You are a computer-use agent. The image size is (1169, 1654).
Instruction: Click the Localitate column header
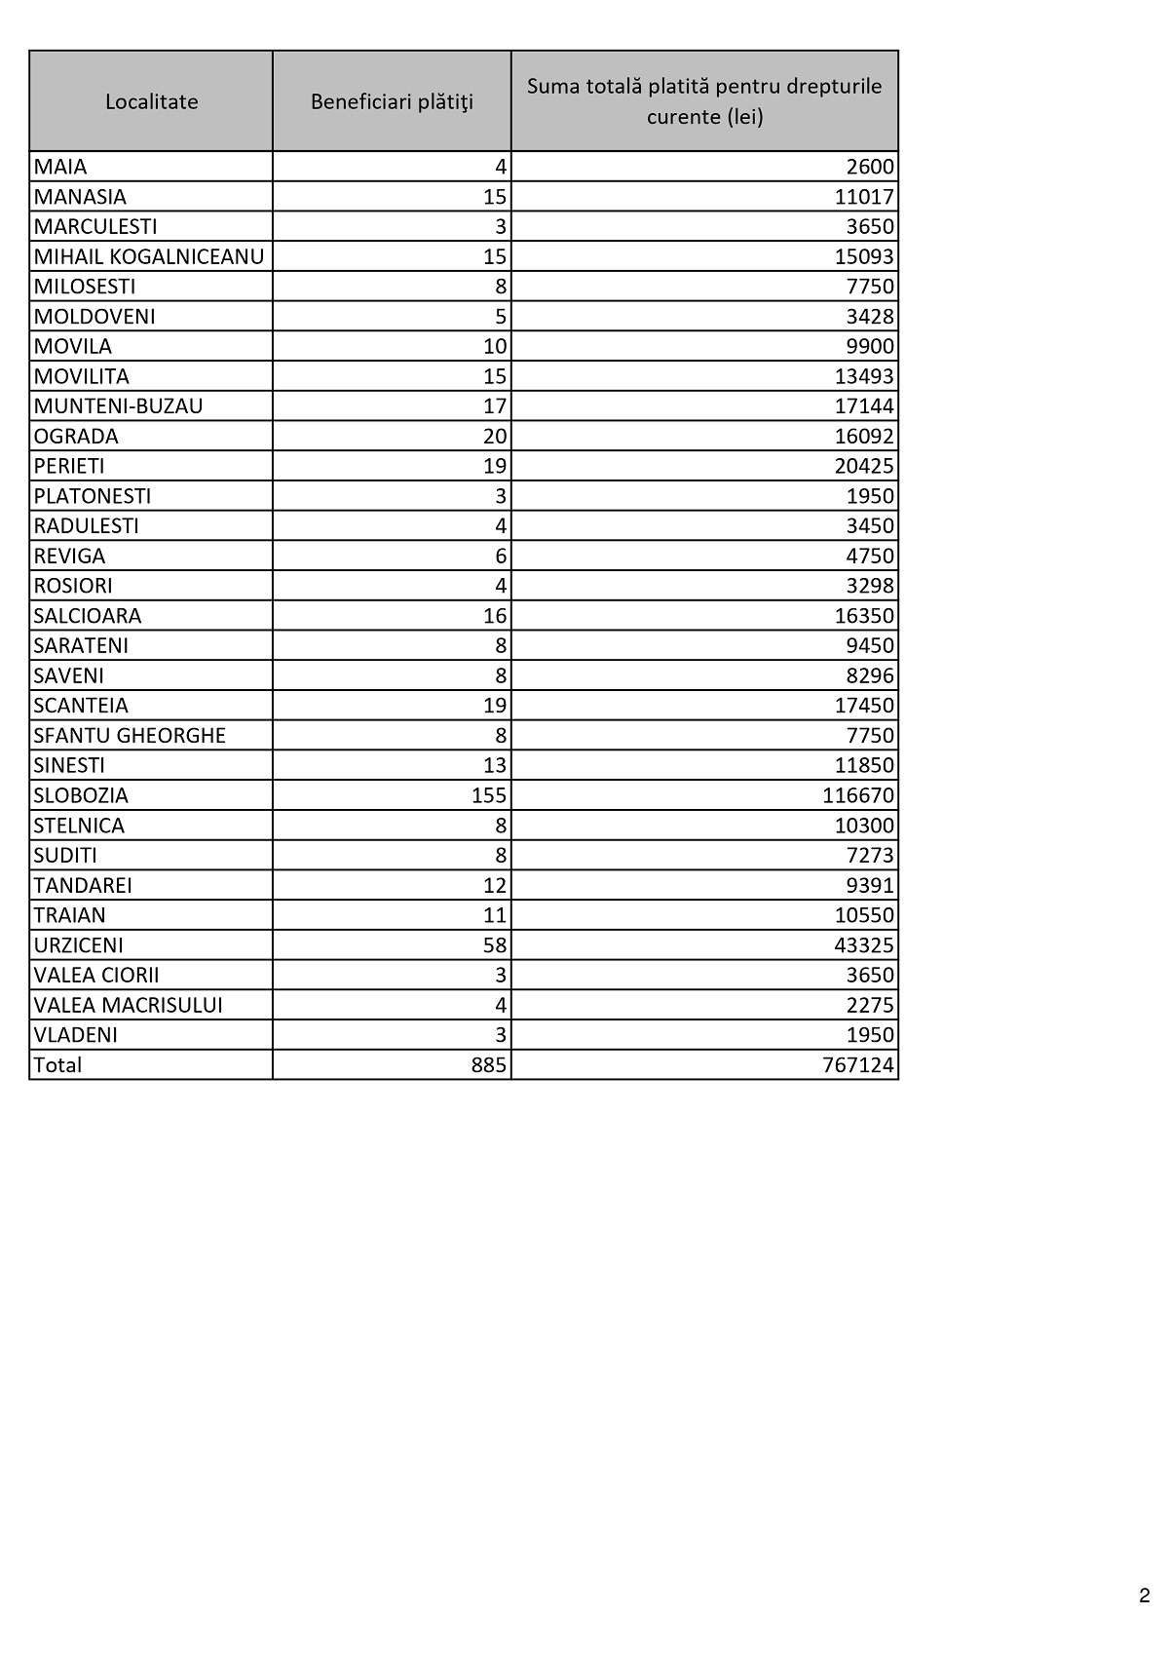point(151,101)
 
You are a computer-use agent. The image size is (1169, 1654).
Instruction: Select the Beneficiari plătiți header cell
point(392,101)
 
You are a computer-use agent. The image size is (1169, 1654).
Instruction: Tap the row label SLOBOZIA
point(81,795)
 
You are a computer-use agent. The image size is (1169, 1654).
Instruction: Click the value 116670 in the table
point(857,795)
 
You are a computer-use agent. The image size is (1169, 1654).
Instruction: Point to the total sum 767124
point(857,1065)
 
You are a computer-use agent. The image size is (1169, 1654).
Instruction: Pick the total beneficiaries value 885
point(489,1065)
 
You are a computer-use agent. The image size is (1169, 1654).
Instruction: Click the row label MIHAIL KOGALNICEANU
point(149,256)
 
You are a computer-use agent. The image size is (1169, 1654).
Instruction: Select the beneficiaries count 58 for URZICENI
point(495,945)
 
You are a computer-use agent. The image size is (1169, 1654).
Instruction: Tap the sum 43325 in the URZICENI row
point(864,945)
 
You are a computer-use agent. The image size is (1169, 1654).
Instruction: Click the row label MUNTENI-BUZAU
point(118,406)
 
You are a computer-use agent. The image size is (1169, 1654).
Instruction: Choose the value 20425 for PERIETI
point(864,466)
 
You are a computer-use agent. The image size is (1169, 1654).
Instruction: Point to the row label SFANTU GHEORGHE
point(130,736)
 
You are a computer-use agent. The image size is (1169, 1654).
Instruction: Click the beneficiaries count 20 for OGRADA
point(495,436)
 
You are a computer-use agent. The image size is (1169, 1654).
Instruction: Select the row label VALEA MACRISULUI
point(128,1005)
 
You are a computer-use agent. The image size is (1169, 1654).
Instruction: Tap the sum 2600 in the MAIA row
point(870,167)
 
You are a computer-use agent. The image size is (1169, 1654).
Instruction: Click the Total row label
point(57,1065)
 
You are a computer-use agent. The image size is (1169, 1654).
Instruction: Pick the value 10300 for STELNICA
point(864,826)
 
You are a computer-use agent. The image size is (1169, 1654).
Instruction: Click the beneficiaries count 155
point(489,795)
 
